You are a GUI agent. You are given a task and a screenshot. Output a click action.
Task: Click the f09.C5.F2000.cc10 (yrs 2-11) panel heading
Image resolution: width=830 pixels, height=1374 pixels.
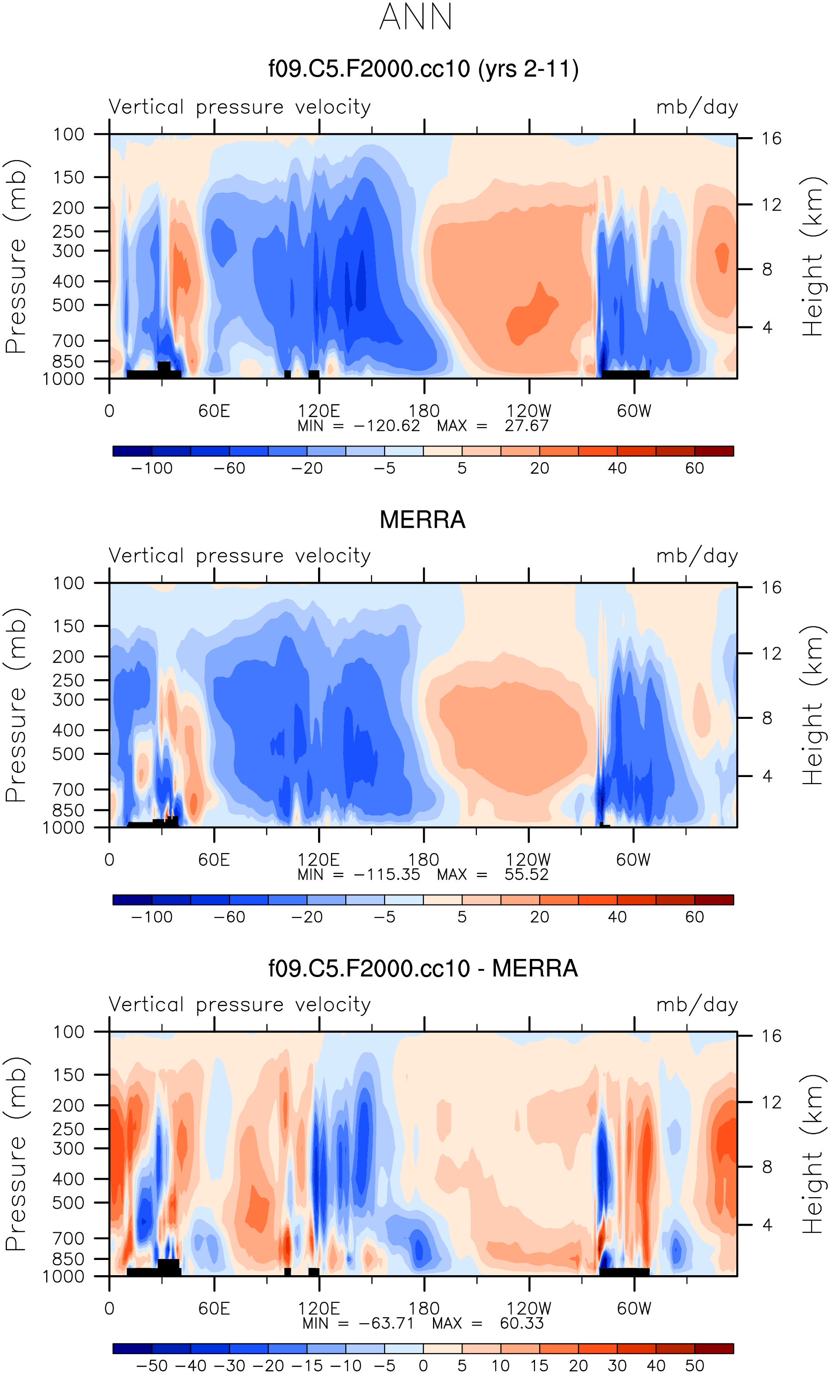click(423, 69)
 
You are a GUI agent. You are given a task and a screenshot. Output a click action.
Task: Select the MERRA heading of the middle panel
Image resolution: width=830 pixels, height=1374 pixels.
click(422, 520)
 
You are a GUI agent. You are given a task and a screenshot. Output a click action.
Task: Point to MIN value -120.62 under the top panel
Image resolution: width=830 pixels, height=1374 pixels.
click(387, 426)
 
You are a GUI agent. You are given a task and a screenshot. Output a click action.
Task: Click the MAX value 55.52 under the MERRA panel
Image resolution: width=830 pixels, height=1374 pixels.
click(526, 874)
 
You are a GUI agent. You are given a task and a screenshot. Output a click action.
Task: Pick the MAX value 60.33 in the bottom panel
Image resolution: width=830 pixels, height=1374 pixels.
click(521, 1323)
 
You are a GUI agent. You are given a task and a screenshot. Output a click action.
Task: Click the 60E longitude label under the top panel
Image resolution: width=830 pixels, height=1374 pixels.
click(214, 411)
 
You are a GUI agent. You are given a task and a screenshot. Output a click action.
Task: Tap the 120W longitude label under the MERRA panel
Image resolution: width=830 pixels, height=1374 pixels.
click(528, 859)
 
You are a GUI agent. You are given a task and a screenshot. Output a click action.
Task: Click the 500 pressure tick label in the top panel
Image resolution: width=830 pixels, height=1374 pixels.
click(69, 306)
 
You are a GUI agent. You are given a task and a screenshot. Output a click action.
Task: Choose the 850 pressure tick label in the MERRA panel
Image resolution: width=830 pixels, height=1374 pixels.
click(69, 810)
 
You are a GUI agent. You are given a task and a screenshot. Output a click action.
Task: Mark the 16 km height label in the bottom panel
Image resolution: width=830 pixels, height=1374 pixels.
click(771, 1036)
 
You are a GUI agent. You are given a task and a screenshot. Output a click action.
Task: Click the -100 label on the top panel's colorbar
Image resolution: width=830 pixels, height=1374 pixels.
click(151, 469)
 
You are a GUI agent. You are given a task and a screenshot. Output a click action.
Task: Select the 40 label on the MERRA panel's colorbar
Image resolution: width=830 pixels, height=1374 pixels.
click(617, 917)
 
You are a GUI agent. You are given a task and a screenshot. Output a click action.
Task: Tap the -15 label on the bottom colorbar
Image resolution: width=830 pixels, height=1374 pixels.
click(307, 1366)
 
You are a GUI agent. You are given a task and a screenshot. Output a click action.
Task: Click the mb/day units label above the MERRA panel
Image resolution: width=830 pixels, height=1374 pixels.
click(697, 556)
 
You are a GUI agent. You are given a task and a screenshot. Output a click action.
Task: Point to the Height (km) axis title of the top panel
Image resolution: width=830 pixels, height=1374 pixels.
click(813, 257)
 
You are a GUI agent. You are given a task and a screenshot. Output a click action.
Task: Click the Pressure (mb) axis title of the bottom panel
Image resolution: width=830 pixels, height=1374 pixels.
click(16, 1154)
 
